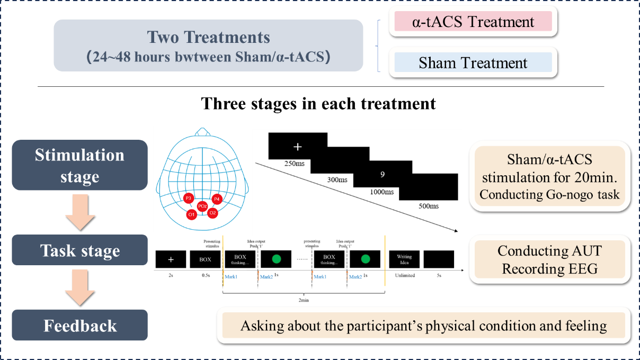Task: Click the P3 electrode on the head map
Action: (188, 198)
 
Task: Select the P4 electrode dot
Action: (216, 199)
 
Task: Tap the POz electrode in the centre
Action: (202, 206)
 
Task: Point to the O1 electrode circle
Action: (191, 214)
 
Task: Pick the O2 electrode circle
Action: (212, 213)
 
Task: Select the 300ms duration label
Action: (337, 179)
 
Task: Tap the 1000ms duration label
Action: (381, 192)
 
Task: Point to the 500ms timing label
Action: (428, 205)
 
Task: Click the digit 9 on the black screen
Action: (382, 174)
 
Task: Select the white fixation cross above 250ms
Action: (298, 146)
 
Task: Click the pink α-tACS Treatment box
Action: (473, 22)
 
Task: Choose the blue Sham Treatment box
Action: (473, 63)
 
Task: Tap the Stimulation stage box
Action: (79, 165)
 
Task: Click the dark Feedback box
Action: (79, 325)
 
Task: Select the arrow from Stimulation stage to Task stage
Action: (79, 212)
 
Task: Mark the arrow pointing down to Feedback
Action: (79, 287)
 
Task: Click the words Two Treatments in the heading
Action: (208, 38)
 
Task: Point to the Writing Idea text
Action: (404, 259)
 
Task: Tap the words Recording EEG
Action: (549, 268)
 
